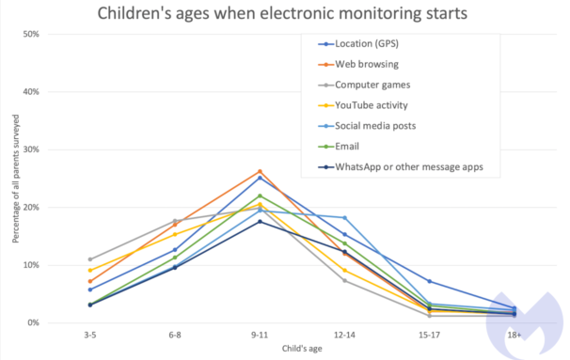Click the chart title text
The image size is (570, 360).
pyautogui.click(x=282, y=13)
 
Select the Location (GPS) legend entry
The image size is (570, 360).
pyautogui.click(x=358, y=44)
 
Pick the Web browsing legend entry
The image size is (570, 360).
pyautogui.click(x=358, y=64)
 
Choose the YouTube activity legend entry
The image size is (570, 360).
pyautogui.click(x=363, y=105)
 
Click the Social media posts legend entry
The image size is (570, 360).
pyautogui.click(x=367, y=126)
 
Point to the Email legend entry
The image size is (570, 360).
pyautogui.click(x=339, y=147)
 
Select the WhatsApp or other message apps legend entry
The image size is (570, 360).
pyautogui.click(x=401, y=167)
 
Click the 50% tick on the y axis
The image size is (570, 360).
pyautogui.click(x=31, y=34)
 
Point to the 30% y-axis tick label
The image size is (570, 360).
pyautogui.click(x=31, y=149)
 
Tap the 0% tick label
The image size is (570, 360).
pyautogui.click(x=33, y=323)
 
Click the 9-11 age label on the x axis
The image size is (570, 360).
pyautogui.click(x=260, y=335)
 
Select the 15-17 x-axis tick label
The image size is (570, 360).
pyautogui.click(x=429, y=335)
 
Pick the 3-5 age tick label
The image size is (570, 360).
pyautogui.click(x=90, y=335)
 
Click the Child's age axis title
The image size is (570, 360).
pyautogui.click(x=302, y=349)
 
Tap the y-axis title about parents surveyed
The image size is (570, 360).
pyautogui.click(x=16, y=179)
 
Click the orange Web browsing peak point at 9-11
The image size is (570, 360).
pyautogui.click(x=260, y=171)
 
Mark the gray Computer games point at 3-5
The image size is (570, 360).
pyautogui.click(x=90, y=259)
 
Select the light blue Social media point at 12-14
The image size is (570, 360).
pyautogui.click(x=344, y=218)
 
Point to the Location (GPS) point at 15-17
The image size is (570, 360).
pyautogui.click(x=429, y=282)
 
